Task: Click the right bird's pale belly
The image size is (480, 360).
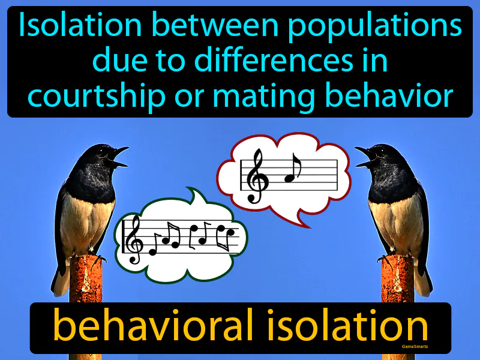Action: click(396, 222)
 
